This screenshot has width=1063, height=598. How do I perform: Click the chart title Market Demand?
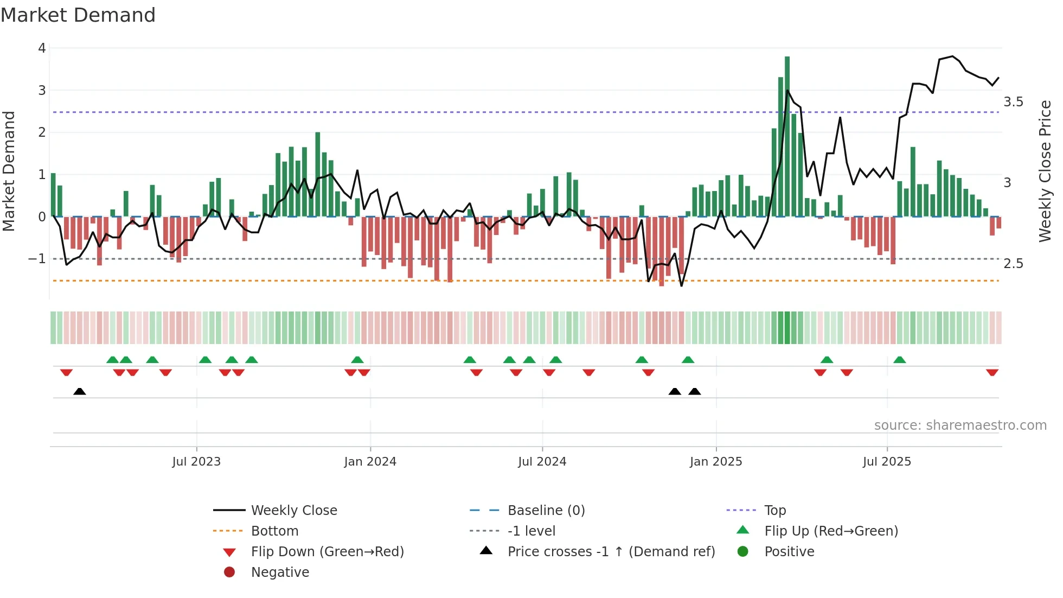78,15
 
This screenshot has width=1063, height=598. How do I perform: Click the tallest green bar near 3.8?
787,136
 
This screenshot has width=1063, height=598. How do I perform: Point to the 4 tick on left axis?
42,48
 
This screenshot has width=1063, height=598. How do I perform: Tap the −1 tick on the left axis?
37,259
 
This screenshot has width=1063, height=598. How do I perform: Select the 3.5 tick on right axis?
1013,102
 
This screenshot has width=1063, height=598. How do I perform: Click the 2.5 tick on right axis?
1013,264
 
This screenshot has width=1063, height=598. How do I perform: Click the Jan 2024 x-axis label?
370,462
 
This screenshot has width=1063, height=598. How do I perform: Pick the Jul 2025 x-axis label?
887,462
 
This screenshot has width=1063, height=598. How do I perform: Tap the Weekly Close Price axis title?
1045,171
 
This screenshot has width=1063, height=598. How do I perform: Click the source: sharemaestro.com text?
960,425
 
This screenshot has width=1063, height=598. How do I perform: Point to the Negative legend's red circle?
229,572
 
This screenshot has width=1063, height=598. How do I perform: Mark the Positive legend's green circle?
743,552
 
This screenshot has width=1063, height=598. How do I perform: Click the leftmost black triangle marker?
80,391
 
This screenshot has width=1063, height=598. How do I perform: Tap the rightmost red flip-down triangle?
992,373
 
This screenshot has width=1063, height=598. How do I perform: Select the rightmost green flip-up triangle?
899,360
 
